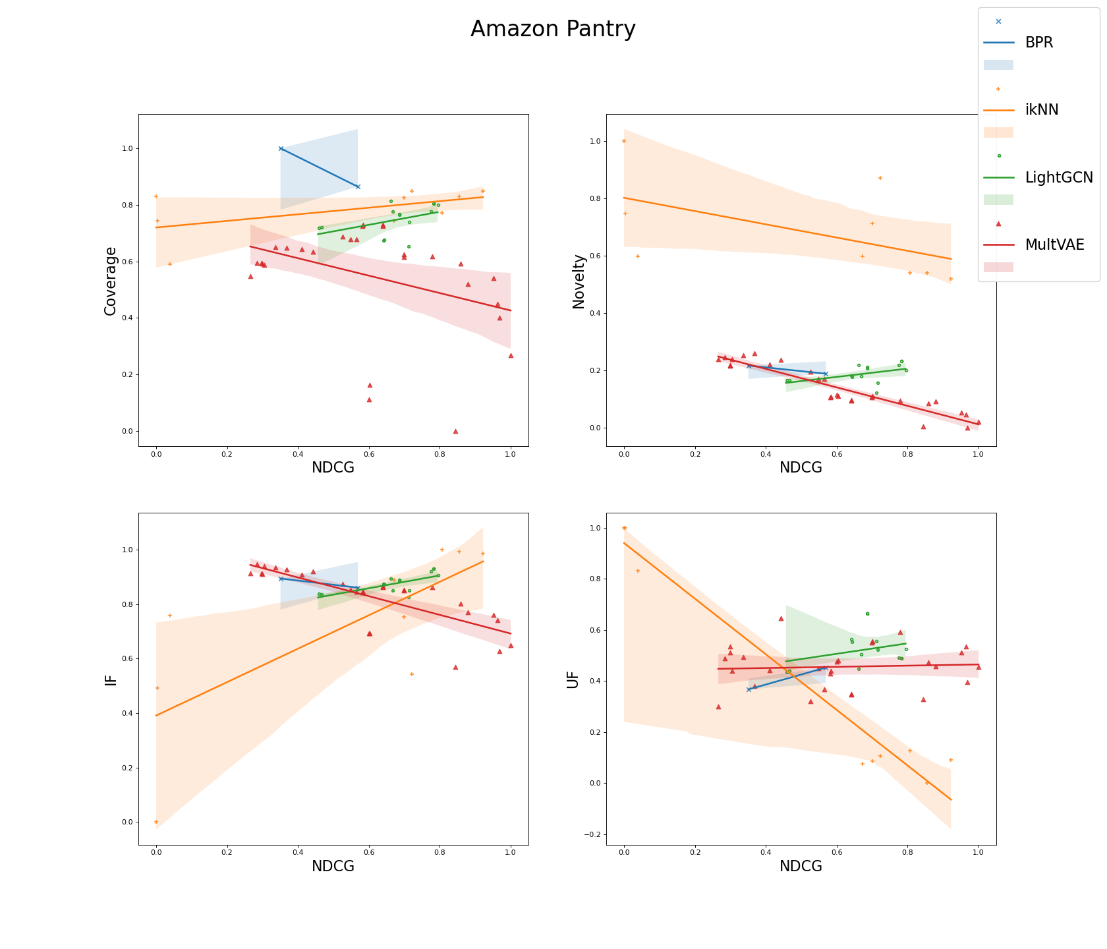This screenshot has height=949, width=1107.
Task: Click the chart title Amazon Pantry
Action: coord(553,30)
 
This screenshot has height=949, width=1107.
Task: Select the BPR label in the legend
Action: coord(1039,43)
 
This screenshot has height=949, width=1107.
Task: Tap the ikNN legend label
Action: coord(1042,110)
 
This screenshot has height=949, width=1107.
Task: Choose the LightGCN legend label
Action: coord(1059,178)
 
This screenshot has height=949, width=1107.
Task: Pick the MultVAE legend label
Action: coord(1054,245)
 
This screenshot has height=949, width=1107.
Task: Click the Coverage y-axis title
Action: coord(111,281)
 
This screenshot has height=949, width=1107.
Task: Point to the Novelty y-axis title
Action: coord(579,281)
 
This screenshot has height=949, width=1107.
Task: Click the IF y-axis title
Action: coord(111,679)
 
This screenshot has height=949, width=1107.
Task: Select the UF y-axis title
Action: coord(573,679)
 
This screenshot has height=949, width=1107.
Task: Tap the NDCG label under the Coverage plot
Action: coord(333,468)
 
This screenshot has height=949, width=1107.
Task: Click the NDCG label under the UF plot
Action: coord(801,867)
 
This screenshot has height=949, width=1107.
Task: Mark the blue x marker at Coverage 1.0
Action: coord(281,148)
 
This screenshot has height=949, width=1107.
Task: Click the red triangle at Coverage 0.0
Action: coord(455,431)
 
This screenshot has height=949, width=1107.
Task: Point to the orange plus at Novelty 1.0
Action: coord(623,141)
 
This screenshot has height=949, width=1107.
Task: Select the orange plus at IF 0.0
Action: coord(156,822)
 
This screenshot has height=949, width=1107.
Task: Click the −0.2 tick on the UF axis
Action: coord(592,834)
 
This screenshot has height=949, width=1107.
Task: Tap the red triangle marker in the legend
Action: coord(998,223)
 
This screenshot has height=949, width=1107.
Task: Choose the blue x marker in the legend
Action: coord(998,21)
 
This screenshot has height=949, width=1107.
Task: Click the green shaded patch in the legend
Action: coord(998,200)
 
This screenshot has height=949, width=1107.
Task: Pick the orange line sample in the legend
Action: coord(998,111)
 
